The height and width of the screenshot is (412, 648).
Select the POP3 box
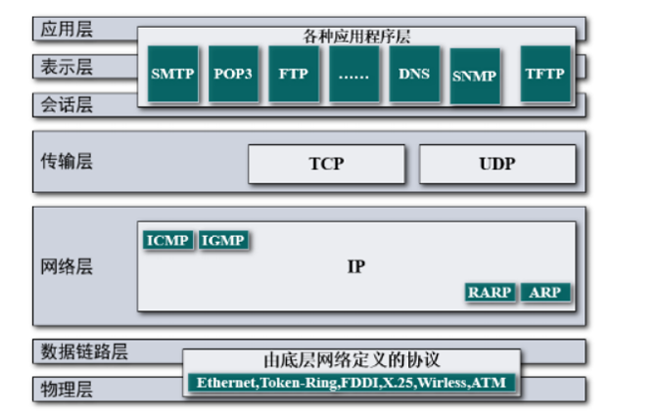(x=234, y=74)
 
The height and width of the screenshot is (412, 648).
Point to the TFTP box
(x=545, y=74)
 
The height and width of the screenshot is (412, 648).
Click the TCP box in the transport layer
(x=325, y=164)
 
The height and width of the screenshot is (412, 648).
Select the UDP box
(x=497, y=164)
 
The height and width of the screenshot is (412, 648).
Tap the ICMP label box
(x=168, y=240)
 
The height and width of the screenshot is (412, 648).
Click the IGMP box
(x=223, y=240)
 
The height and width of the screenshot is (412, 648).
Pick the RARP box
(x=490, y=292)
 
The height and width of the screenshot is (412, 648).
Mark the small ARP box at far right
(x=545, y=292)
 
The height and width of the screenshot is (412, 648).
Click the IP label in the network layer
(x=355, y=266)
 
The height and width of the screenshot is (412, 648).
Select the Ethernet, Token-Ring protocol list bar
(x=351, y=382)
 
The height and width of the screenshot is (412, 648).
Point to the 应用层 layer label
(x=68, y=29)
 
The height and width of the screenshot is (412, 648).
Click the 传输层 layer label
(x=68, y=161)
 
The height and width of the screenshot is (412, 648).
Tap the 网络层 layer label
(x=68, y=266)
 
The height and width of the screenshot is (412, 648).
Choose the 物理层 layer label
(x=68, y=387)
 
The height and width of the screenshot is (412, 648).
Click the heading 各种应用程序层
(x=356, y=37)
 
